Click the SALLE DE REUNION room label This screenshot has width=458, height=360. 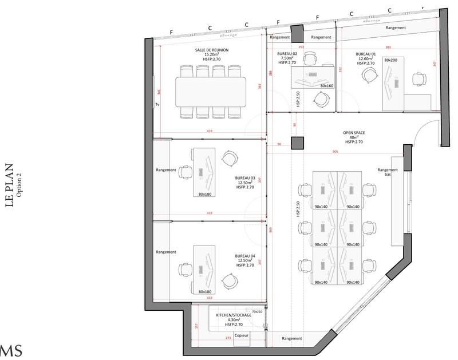(x=212, y=50)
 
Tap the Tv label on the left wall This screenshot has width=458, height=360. (x=157, y=105)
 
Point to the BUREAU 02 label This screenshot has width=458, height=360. (x=286, y=53)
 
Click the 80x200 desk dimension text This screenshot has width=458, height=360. (x=391, y=60)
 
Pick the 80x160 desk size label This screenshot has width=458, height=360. (x=326, y=86)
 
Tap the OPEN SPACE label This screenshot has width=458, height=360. (x=354, y=132)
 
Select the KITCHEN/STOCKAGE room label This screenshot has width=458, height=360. (x=234, y=315)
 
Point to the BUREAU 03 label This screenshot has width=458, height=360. (x=245, y=177)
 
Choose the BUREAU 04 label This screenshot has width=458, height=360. (x=245, y=256)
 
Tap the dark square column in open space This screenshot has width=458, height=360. (x=297, y=143)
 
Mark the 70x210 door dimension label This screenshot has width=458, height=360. (x=256, y=311)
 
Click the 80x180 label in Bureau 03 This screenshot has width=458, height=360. (x=205, y=194)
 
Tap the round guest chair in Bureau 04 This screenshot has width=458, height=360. (x=230, y=281)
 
